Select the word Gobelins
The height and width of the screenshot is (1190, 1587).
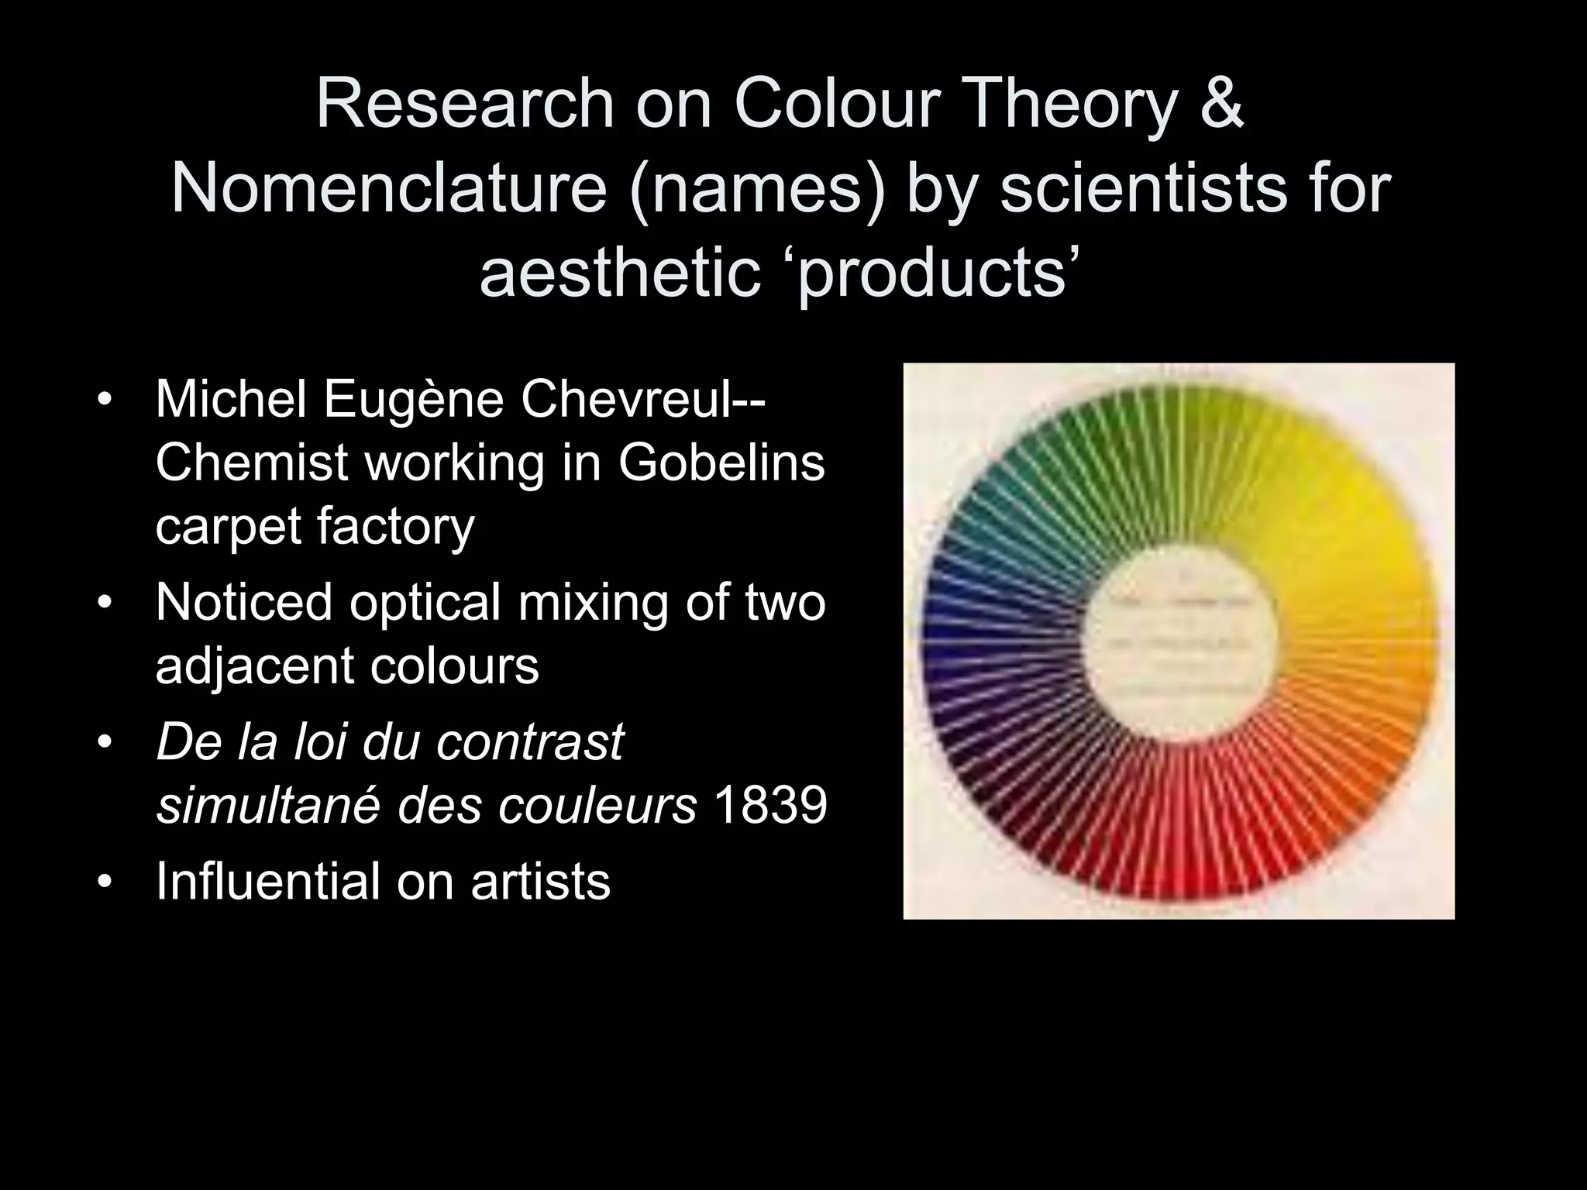click(721, 463)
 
